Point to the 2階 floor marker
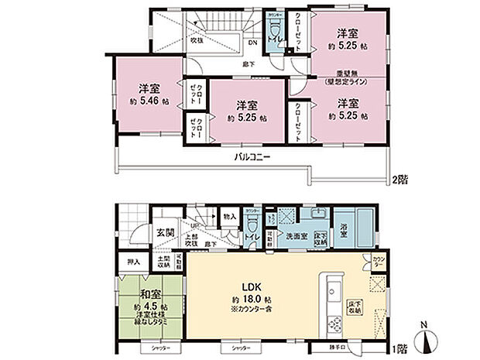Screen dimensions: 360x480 pos(399,178)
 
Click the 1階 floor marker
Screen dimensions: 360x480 pos(399,349)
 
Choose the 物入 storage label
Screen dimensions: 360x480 pos(230,216)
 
